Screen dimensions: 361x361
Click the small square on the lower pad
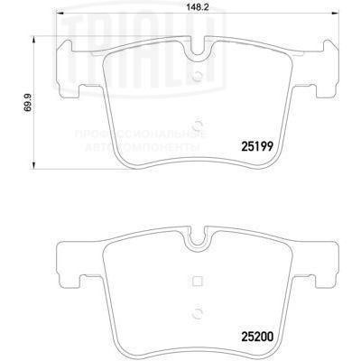coord(199,279)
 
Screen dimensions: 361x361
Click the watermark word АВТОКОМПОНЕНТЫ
coord(156,144)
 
